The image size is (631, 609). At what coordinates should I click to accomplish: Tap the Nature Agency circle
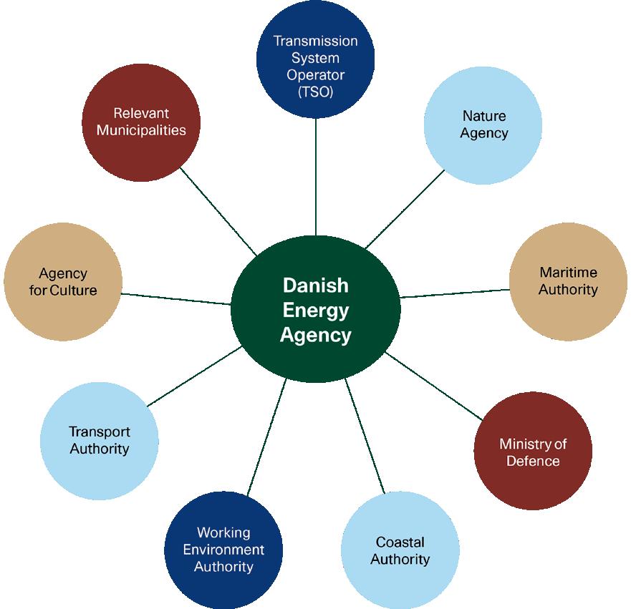click(483, 125)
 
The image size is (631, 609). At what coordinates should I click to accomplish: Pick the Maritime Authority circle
click(568, 281)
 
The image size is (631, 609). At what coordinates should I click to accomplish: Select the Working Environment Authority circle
click(223, 550)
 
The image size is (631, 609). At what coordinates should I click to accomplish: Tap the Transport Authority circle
click(99, 439)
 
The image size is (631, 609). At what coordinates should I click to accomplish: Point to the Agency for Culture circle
click(62, 281)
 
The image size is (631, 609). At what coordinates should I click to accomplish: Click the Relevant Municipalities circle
click(141, 121)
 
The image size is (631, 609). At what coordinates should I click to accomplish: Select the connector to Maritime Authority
click(455, 293)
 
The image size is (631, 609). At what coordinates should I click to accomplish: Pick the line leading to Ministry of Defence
click(434, 386)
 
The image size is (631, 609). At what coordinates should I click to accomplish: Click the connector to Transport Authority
click(193, 376)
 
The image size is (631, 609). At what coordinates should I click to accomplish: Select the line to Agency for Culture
click(175, 298)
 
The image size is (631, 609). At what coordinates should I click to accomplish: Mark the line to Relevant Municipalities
click(218, 211)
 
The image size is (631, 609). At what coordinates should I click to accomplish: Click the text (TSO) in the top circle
click(315, 92)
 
